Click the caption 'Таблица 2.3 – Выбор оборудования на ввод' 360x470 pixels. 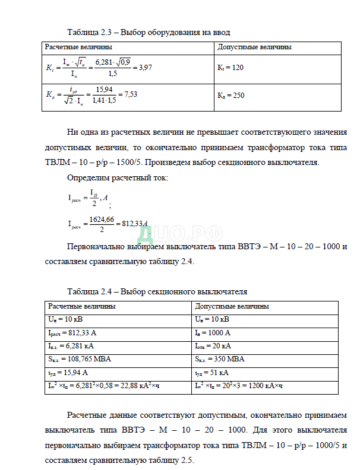[149, 32]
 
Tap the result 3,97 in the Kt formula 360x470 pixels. [146, 68]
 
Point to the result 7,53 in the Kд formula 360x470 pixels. [130, 94]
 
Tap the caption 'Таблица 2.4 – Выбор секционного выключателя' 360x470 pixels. [157, 291]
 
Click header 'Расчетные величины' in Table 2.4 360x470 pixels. [82, 306]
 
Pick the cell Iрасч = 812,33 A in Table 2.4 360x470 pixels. [72, 333]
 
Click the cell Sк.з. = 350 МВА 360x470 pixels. [219, 359]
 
